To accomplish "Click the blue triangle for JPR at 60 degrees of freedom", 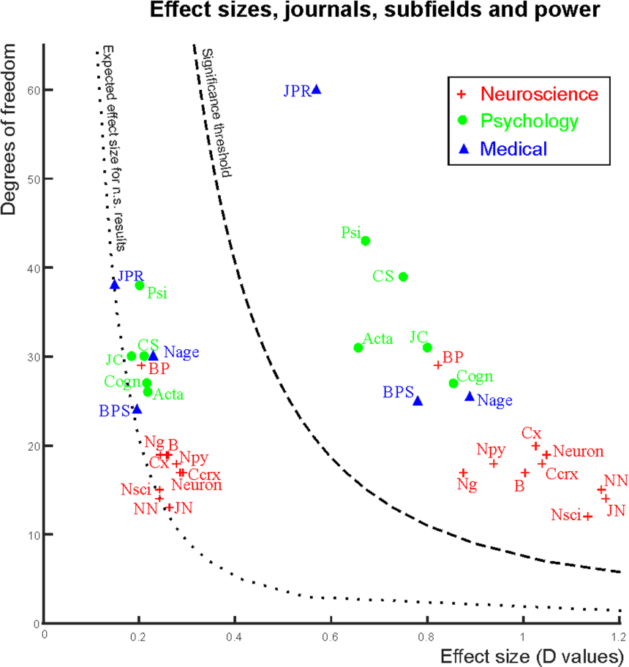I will [317, 89].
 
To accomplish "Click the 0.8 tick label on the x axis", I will [426, 636].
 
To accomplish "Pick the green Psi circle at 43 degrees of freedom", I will [366, 240].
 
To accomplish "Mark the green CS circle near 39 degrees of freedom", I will [403, 277].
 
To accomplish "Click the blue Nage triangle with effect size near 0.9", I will [470, 396].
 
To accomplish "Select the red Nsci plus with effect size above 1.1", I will [587, 517].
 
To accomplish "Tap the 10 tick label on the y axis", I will [32, 535].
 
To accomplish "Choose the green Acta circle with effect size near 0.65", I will [358, 348].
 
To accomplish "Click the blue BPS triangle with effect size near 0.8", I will [418, 400].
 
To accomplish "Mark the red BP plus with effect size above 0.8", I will [438, 365].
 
